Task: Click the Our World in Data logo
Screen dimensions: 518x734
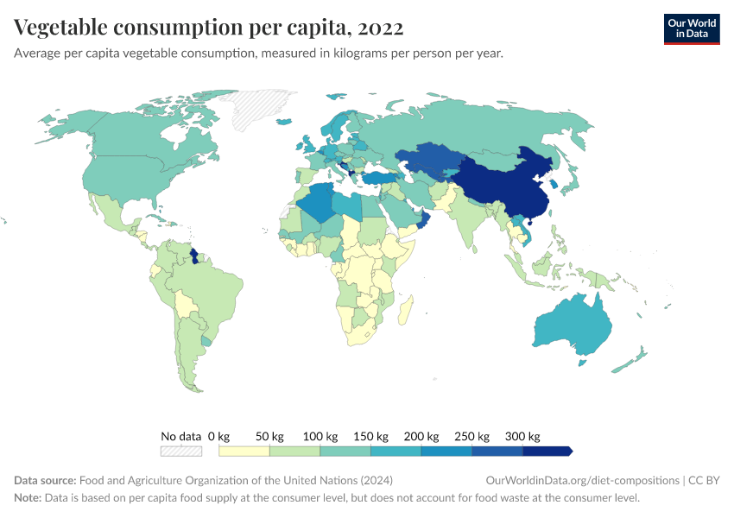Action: (691, 28)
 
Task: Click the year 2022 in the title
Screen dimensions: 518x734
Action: (379, 28)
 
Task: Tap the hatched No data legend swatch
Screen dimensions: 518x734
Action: (181, 451)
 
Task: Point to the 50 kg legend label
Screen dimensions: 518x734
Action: (269, 436)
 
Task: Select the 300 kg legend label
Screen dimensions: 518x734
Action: (523, 436)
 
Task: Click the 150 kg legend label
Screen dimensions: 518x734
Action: (371, 436)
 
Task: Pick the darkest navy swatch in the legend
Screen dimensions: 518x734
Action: (547, 451)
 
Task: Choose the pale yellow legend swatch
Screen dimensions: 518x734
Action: (244, 451)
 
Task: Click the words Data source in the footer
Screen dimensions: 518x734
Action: (45, 481)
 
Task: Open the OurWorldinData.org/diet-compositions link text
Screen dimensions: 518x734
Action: (583, 481)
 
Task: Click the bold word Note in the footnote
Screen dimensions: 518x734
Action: (28, 498)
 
